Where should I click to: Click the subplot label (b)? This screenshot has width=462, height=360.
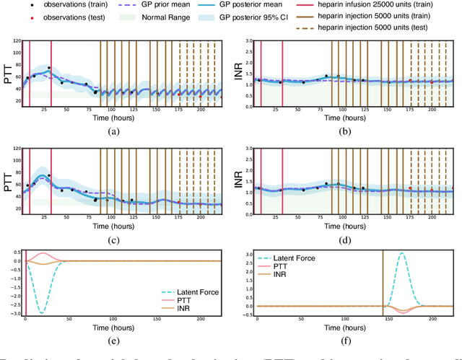[x=346, y=131]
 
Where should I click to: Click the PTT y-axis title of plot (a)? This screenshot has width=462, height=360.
[x=9, y=72]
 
